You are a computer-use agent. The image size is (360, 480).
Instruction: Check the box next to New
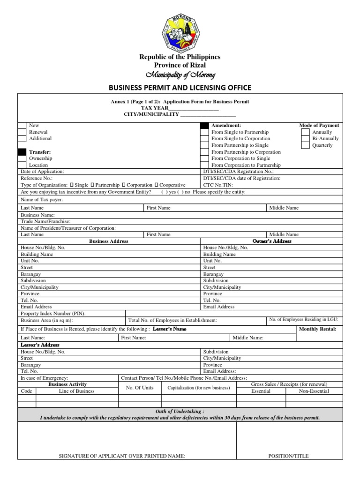(x=22, y=126)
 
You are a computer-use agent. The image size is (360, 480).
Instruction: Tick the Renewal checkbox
(x=22, y=132)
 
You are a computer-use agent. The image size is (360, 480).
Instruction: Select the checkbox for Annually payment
(x=305, y=132)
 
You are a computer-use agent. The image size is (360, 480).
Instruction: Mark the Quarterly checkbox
(x=305, y=145)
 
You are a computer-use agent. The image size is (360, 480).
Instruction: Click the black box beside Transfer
(x=22, y=152)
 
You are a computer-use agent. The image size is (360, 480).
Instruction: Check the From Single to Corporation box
(x=204, y=139)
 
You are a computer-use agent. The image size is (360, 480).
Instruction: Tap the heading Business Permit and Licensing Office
(x=180, y=88)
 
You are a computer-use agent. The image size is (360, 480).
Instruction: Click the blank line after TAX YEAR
(x=200, y=108)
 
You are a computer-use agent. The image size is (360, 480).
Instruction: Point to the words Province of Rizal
(x=180, y=65)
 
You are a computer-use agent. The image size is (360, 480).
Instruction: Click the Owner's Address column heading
(x=271, y=241)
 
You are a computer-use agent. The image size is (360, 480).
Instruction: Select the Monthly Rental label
(x=317, y=329)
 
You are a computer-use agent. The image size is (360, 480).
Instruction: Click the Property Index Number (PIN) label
(x=53, y=313)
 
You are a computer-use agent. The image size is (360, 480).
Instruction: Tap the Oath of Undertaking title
(x=180, y=411)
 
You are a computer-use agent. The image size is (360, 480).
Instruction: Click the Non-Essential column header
(x=314, y=391)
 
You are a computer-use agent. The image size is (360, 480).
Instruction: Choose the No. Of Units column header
(x=140, y=388)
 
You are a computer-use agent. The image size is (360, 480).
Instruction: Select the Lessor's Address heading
(x=40, y=345)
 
